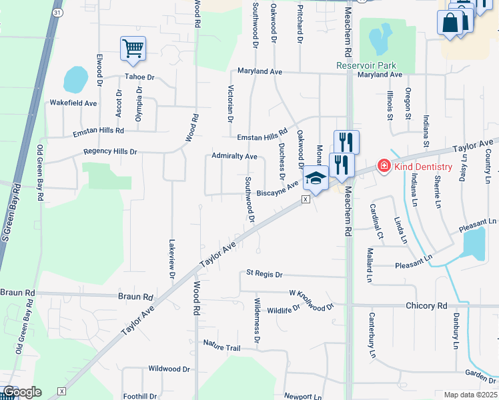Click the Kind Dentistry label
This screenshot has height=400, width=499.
(x=423, y=167)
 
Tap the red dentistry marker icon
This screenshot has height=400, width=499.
(x=384, y=165)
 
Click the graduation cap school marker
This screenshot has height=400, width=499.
(x=315, y=179)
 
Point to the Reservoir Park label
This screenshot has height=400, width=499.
(x=366, y=65)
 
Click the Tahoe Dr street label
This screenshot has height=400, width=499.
(x=139, y=77)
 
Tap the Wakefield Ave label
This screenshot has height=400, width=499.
(x=73, y=103)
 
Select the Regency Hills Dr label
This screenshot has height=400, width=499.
(x=110, y=152)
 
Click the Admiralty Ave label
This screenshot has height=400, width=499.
(x=234, y=156)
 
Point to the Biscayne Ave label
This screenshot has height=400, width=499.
(x=277, y=191)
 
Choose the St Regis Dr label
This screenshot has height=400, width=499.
(x=265, y=274)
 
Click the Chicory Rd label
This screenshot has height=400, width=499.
(x=426, y=305)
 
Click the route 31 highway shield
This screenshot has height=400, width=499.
(x=58, y=13)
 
